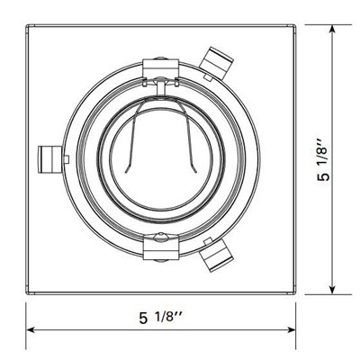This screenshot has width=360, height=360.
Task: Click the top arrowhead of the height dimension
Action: click(x=334, y=31)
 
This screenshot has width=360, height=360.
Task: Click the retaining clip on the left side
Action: click(x=52, y=159)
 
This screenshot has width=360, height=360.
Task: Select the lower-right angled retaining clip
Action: click(x=217, y=258)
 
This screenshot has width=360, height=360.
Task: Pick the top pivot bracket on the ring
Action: click(x=160, y=65)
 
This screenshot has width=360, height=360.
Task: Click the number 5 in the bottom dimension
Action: click(x=143, y=318)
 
